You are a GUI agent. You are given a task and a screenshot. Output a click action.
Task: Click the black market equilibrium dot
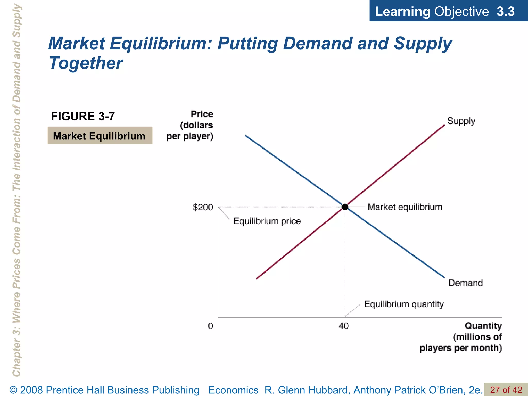click(x=345, y=207)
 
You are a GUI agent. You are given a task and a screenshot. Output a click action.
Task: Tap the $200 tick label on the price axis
click(x=203, y=207)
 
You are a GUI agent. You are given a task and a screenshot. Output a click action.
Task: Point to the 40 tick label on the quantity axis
click(x=344, y=326)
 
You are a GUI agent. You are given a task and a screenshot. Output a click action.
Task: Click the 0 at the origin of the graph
click(x=210, y=326)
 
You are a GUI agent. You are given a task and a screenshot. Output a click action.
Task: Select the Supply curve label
click(x=461, y=121)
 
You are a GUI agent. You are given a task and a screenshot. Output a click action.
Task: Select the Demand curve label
click(x=465, y=283)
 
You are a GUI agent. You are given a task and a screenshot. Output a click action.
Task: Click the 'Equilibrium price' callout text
click(x=267, y=221)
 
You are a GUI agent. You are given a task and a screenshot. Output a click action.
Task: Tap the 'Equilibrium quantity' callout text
click(x=404, y=304)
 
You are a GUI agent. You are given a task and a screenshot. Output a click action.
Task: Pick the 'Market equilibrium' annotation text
click(x=405, y=207)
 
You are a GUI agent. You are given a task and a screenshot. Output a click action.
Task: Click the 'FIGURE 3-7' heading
click(x=83, y=116)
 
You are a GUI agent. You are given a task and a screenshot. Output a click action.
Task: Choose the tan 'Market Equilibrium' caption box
click(x=100, y=136)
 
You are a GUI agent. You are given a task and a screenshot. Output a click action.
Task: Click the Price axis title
click(x=190, y=125)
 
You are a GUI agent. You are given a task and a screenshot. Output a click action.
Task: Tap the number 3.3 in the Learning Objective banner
click(x=505, y=12)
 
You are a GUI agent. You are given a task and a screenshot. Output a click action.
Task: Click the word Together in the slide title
click(x=86, y=63)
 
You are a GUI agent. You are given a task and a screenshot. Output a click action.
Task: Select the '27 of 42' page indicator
click(x=506, y=390)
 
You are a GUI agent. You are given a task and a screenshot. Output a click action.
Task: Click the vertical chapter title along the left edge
click(x=17, y=191)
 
